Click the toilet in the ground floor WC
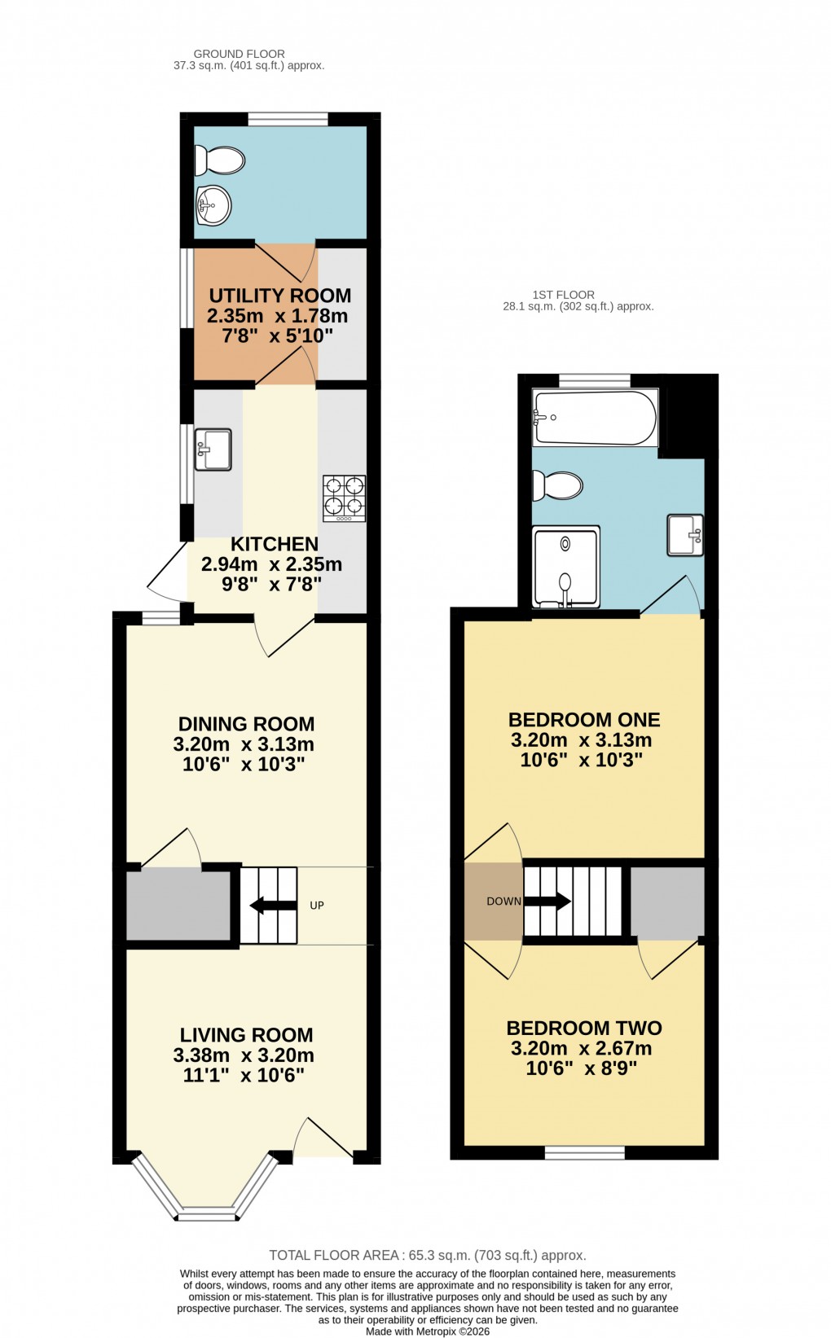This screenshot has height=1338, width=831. click(220, 160)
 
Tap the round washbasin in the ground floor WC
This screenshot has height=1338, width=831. click(214, 205)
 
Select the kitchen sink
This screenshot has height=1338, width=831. click(213, 450)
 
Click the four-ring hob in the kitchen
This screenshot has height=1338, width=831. click(344, 498)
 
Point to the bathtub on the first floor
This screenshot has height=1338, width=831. click(595, 418)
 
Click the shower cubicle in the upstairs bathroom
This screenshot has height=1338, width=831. click(565, 567)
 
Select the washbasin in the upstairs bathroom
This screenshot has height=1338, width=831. click(685, 535)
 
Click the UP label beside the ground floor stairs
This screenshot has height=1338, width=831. click(317, 906)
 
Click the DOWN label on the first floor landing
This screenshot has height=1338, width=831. click(503, 901)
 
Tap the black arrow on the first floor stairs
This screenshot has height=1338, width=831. click(549, 901)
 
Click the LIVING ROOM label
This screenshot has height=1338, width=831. click(246, 1035)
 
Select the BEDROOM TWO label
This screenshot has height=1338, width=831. click(583, 1028)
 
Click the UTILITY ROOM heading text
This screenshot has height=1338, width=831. click(279, 296)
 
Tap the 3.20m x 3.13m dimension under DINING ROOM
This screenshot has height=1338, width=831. click(243, 744)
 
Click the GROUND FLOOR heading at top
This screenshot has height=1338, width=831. click(239, 54)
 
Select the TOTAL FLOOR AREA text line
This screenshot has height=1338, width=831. click(428, 1255)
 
